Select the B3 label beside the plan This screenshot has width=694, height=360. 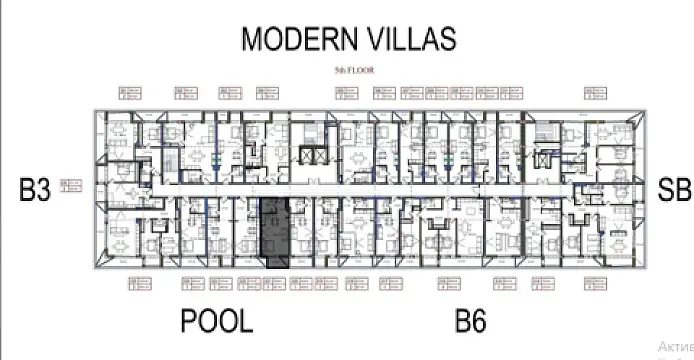34,191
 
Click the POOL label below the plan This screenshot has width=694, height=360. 217,322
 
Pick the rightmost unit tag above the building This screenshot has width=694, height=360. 594,94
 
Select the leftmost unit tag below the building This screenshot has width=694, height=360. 141,284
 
